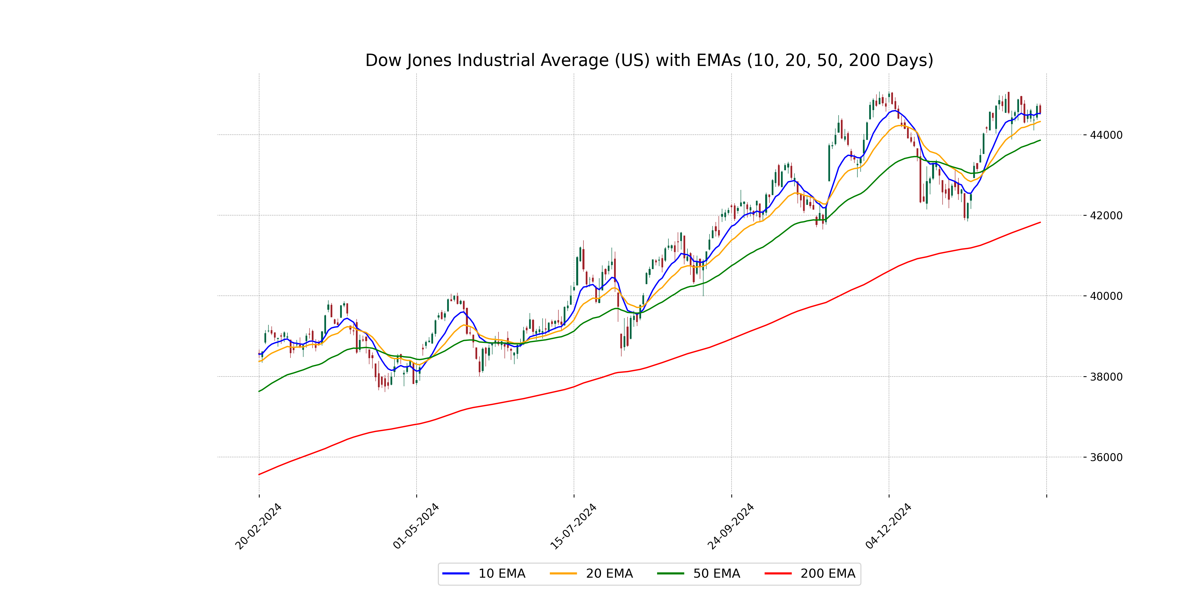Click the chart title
coord(649,60)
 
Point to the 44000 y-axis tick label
coord(1106,135)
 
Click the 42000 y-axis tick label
coord(1106,215)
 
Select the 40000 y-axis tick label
coord(1106,296)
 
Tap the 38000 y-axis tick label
coord(1106,377)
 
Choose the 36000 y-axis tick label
coord(1106,457)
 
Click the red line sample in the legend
coord(778,573)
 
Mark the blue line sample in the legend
coord(456,573)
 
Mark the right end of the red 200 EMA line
coord(1040,222)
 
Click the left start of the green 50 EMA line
coord(259,391)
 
